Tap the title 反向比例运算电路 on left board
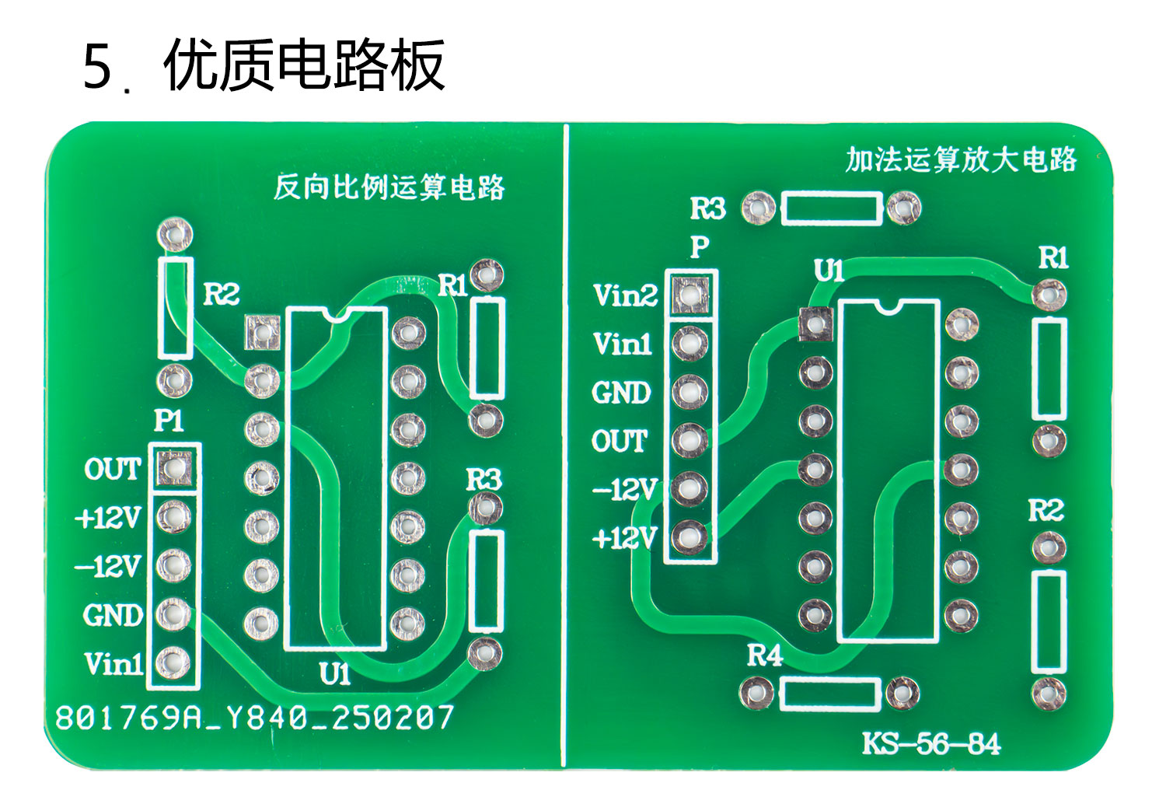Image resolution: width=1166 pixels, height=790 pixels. point(389,187)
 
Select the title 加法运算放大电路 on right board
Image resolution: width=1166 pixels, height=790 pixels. point(961,159)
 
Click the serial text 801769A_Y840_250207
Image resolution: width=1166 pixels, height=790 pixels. point(255,718)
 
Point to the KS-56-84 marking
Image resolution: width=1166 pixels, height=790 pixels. point(931,744)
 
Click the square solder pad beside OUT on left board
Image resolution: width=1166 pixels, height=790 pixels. point(174,467)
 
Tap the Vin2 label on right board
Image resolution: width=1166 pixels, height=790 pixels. point(625,295)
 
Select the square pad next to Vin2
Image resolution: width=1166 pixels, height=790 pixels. point(690,293)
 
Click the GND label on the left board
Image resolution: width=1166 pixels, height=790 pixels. point(113,615)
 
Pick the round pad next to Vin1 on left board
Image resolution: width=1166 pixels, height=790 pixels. point(173,663)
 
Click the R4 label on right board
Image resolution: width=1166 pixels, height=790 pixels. point(765,656)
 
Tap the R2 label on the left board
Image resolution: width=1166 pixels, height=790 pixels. point(222,295)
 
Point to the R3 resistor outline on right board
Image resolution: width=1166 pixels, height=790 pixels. point(831,209)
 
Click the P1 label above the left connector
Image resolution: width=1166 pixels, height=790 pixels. point(169,421)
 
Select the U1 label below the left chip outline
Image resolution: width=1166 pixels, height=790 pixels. point(334,673)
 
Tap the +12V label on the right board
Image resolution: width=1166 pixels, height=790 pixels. point(625,538)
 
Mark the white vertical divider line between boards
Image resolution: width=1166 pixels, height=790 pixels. point(565,443)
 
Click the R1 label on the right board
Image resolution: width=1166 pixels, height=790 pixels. point(1053,257)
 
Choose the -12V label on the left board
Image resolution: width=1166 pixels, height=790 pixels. point(108,567)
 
